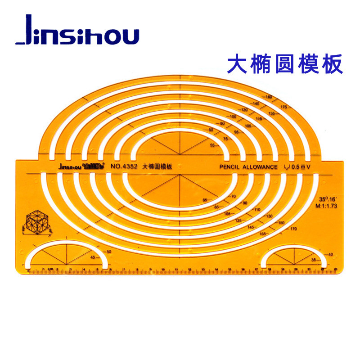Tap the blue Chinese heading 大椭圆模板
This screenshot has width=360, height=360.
(x=285, y=64)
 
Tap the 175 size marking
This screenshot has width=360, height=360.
(x=283, y=107)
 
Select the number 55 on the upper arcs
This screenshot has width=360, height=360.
(x=213, y=145)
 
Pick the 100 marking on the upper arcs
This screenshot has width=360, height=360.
(x=233, y=117)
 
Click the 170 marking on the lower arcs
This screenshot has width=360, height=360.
(x=293, y=229)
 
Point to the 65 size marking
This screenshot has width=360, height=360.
(x=206, y=200)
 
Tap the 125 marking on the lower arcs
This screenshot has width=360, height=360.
(x=239, y=220)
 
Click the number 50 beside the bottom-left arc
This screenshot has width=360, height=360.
(x=108, y=252)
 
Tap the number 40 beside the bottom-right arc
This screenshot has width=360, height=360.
(x=331, y=255)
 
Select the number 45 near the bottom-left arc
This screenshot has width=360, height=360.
(x=93, y=257)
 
